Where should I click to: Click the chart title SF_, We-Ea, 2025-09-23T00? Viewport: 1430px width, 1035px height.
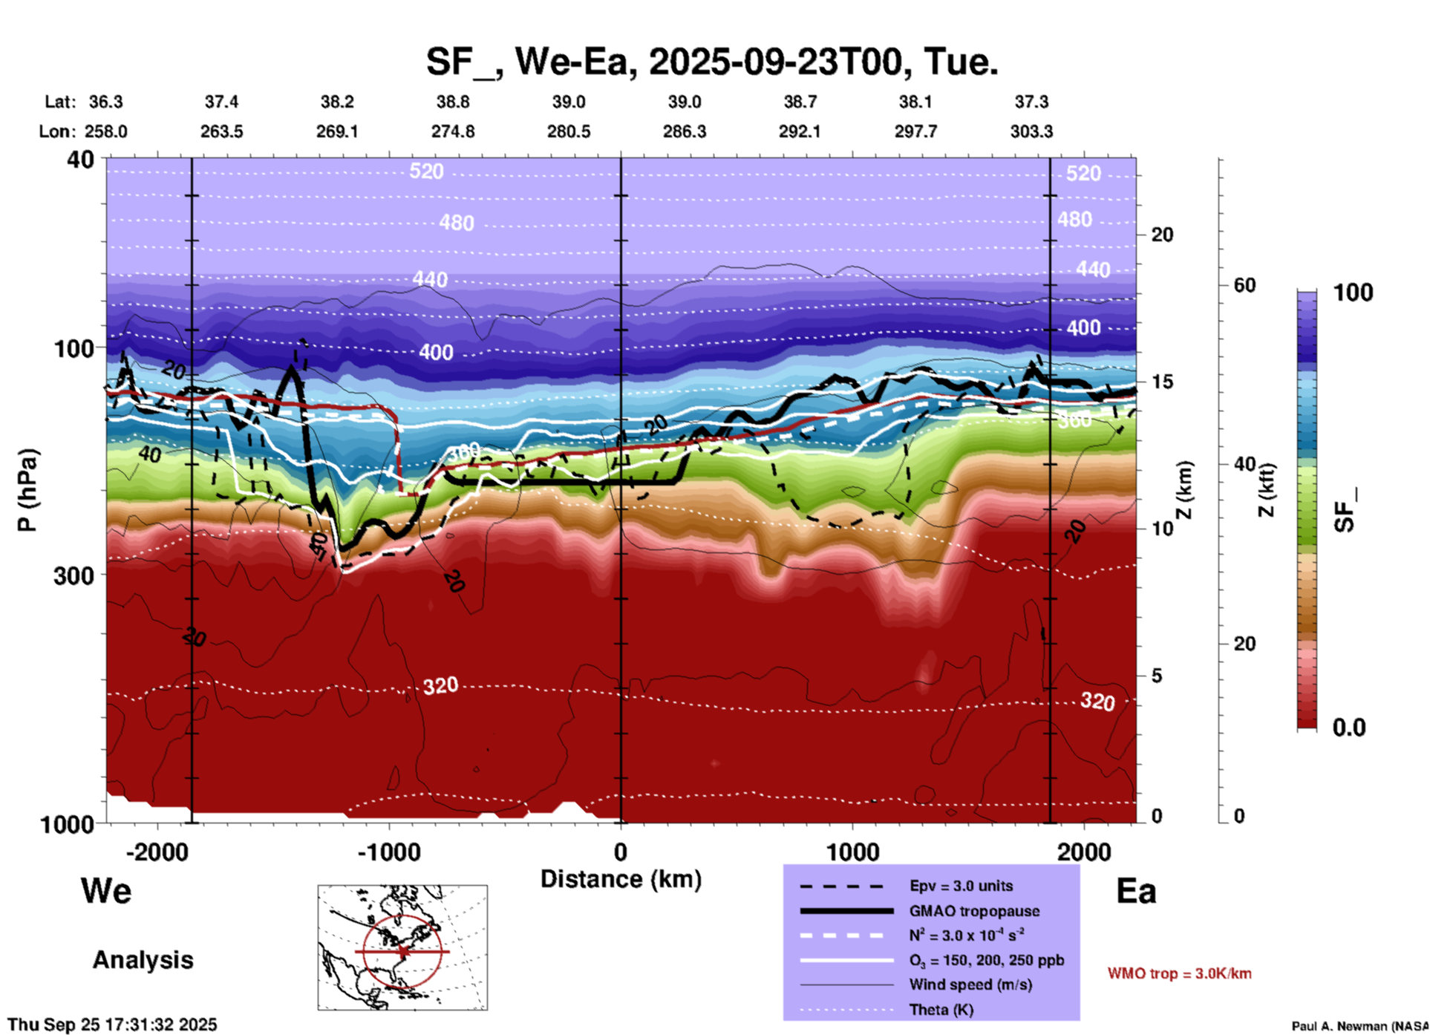point(711,62)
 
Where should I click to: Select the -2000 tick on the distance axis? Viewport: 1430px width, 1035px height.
point(157,852)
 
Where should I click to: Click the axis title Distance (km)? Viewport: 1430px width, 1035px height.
point(621,879)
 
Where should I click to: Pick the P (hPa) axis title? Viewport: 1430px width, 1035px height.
point(27,490)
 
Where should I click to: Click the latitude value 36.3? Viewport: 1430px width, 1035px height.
point(106,102)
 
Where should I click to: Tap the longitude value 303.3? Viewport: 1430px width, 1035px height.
point(1031,131)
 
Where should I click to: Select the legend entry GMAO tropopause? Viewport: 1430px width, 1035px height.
point(974,911)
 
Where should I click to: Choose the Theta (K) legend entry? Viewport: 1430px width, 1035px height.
point(941,1010)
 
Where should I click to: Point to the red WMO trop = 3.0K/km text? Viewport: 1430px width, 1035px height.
point(1179,973)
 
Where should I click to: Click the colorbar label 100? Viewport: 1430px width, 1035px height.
point(1353,293)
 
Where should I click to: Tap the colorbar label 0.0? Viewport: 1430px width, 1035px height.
point(1349,728)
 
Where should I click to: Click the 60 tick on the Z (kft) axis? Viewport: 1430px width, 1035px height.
point(1244,285)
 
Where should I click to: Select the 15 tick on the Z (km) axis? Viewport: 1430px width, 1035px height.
point(1162,382)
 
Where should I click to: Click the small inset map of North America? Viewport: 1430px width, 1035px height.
point(402,947)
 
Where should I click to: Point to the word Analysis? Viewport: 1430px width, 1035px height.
point(143,960)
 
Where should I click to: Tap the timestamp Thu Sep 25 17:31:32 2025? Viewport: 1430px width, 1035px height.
point(112,1025)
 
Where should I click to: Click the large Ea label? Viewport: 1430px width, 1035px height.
point(1136,892)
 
